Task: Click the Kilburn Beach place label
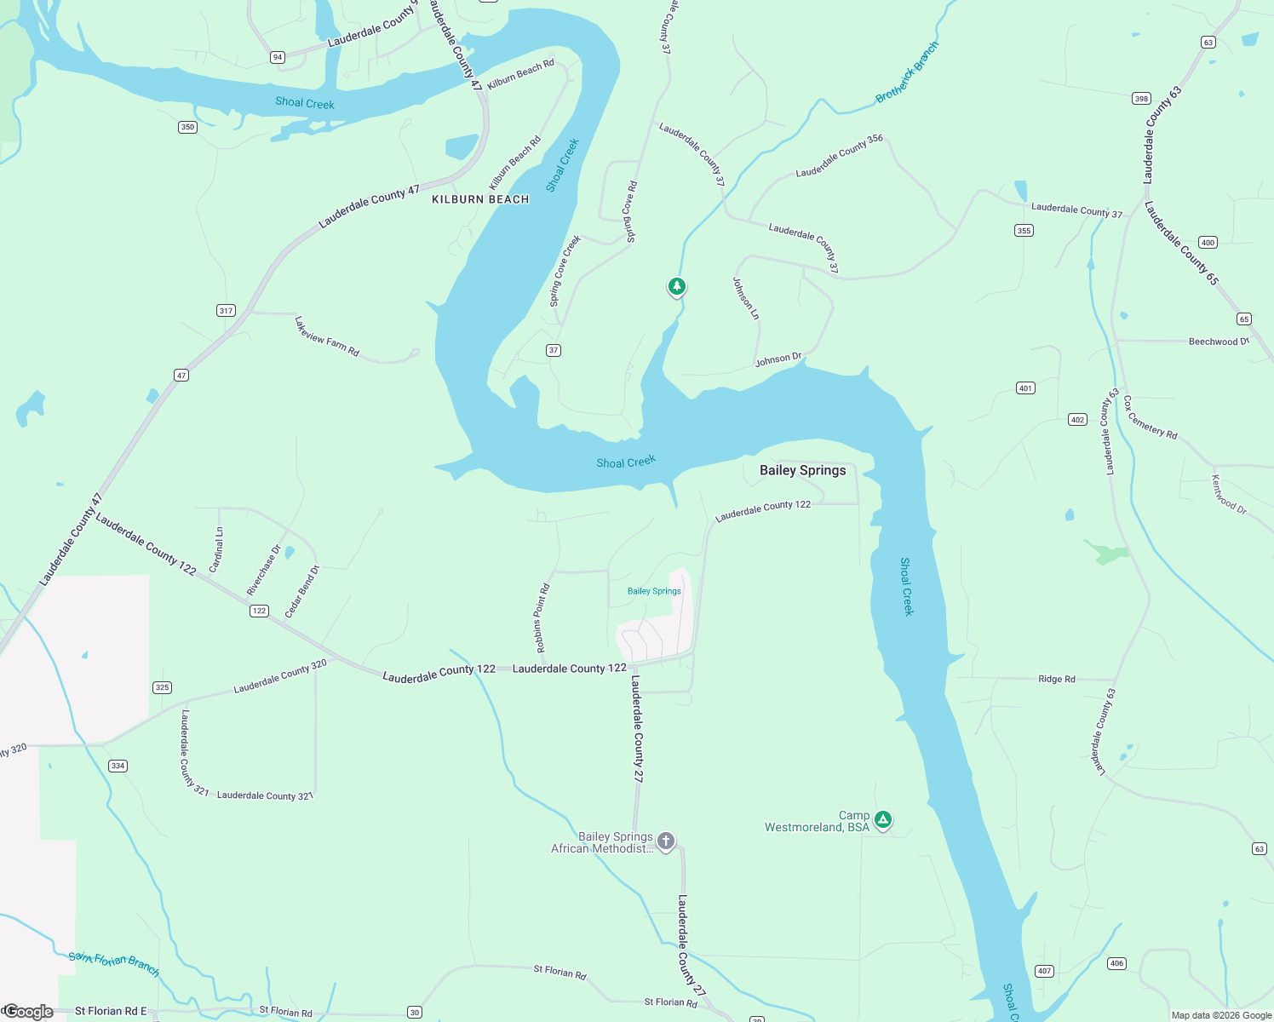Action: click(480, 199)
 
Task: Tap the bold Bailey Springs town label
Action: click(802, 470)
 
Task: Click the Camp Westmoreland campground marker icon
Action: click(883, 819)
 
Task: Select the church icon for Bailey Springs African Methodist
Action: click(666, 841)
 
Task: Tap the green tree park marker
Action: click(677, 286)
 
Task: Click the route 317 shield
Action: click(226, 310)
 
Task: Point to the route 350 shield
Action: click(187, 127)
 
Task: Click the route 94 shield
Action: click(278, 57)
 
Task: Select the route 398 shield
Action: click(1141, 98)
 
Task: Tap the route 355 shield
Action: click(1024, 230)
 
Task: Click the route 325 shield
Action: click(162, 687)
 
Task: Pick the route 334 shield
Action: click(118, 766)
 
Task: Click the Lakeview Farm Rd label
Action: click(327, 336)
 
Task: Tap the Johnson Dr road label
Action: click(778, 359)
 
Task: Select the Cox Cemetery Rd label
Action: click(1150, 417)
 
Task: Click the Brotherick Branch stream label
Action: click(907, 72)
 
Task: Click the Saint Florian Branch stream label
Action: click(113, 963)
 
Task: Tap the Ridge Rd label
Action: click(1057, 679)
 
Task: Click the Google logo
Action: click(28, 1011)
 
